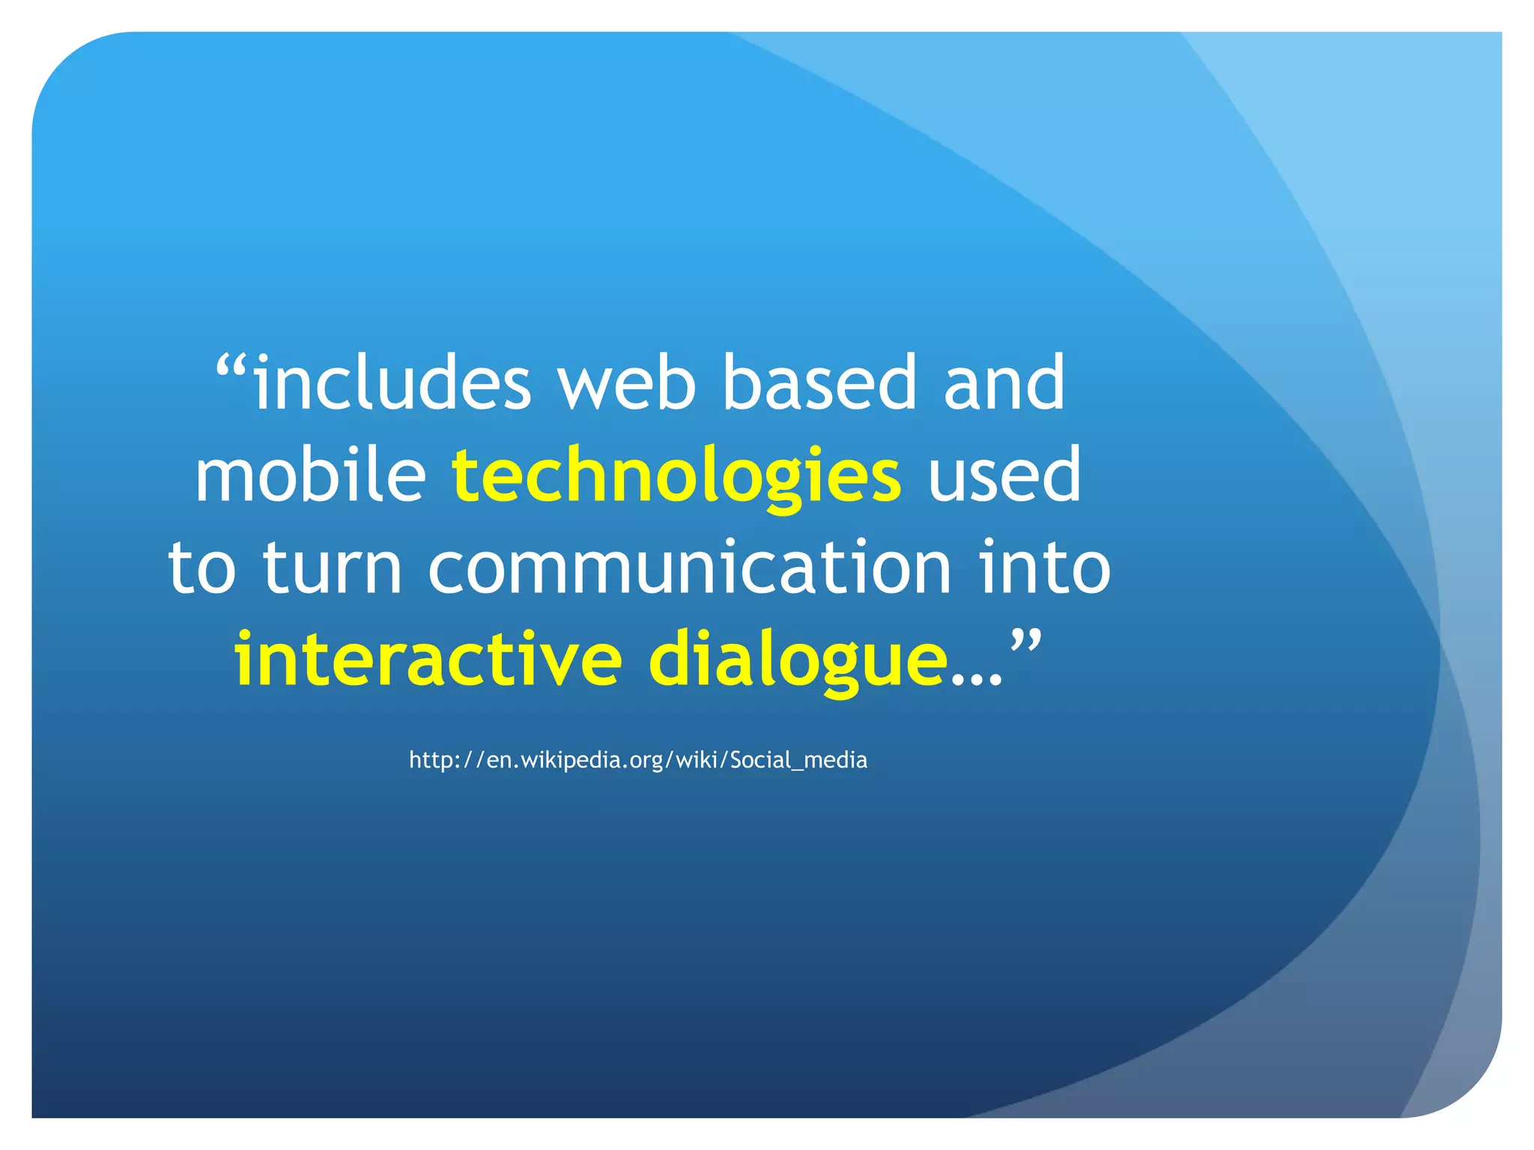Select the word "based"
tap(819, 383)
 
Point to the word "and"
tap(1004, 383)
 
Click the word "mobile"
tap(310, 475)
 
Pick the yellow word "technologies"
tap(676, 477)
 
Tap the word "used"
tap(1004, 475)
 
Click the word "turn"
tap(333, 568)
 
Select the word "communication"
tap(689, 568)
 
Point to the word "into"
tap(1046, 568)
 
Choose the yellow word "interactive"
tap(428, 660)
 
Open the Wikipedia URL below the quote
tap(637, 760)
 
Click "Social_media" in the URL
tap(798, 760)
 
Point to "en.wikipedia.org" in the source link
tap(575, 760)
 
